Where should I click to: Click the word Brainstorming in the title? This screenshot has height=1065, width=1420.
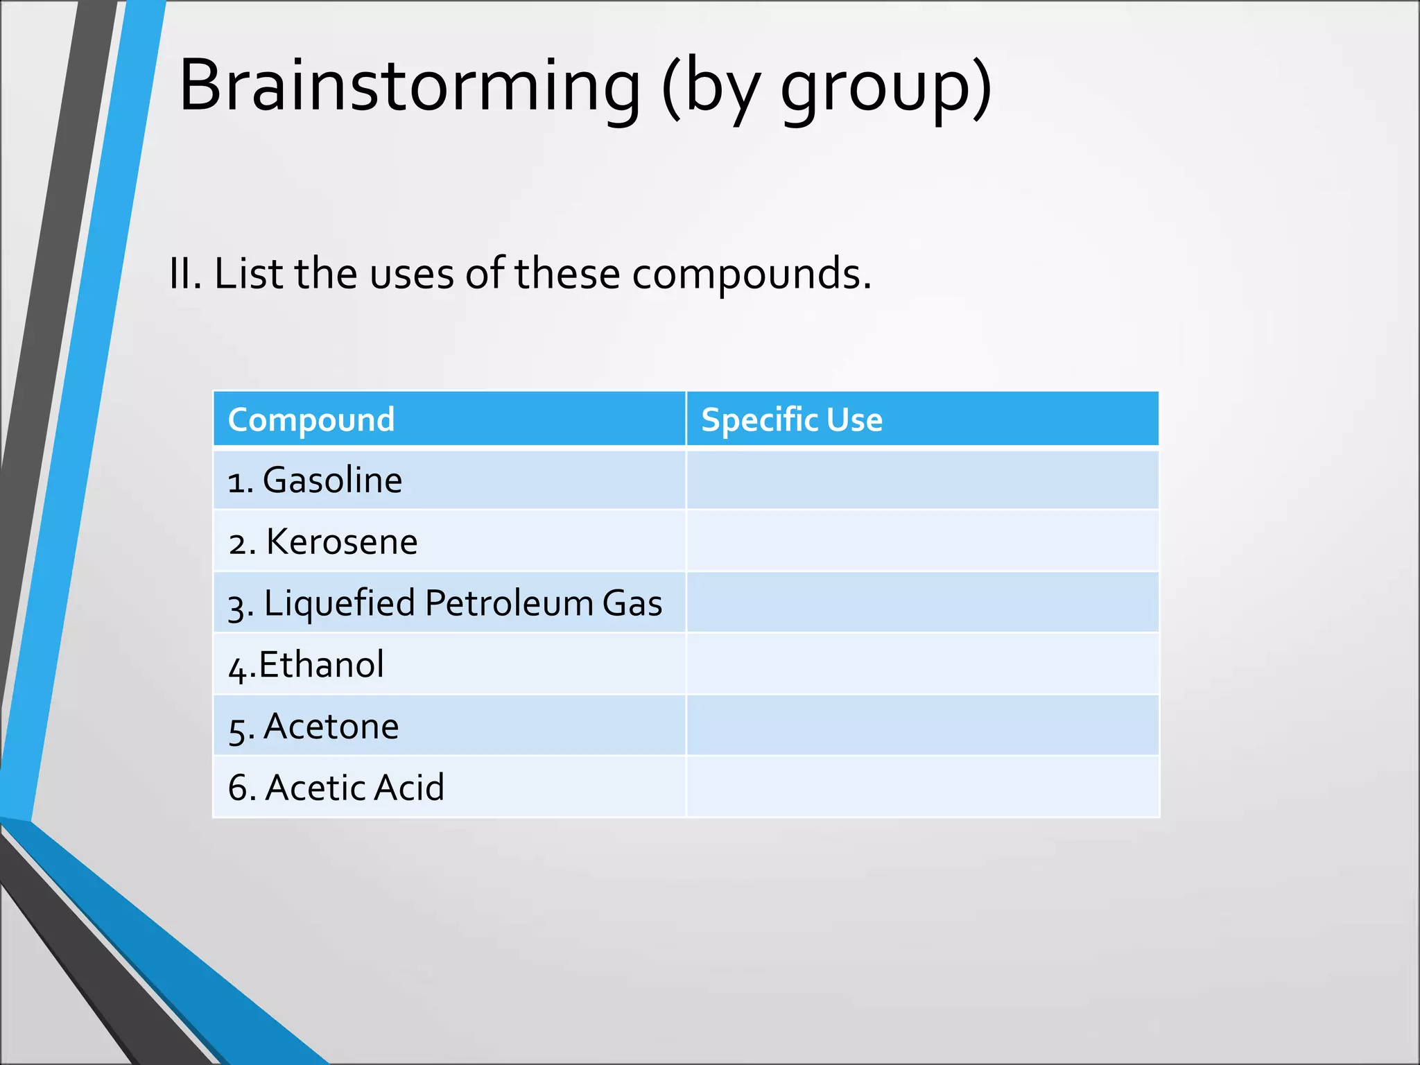(409, 86)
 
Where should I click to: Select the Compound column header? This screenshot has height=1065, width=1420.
(311, 419)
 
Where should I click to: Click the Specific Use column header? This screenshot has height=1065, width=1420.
(791, 419)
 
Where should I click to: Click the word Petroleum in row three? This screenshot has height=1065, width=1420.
(509, 603)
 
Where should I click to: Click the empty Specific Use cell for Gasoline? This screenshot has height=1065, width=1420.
(922, 480)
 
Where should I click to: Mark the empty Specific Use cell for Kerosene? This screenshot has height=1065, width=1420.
(922, 542)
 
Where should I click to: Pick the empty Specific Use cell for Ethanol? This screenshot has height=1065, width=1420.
(922, 664)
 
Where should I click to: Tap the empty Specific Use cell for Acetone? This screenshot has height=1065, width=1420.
(922, 726)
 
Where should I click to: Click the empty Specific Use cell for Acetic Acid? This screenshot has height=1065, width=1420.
(922, 787)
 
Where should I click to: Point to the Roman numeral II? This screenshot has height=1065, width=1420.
(184, 273)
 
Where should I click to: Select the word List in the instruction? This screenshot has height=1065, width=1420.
(248, 273)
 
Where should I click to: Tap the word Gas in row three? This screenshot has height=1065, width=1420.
(632, 603)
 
